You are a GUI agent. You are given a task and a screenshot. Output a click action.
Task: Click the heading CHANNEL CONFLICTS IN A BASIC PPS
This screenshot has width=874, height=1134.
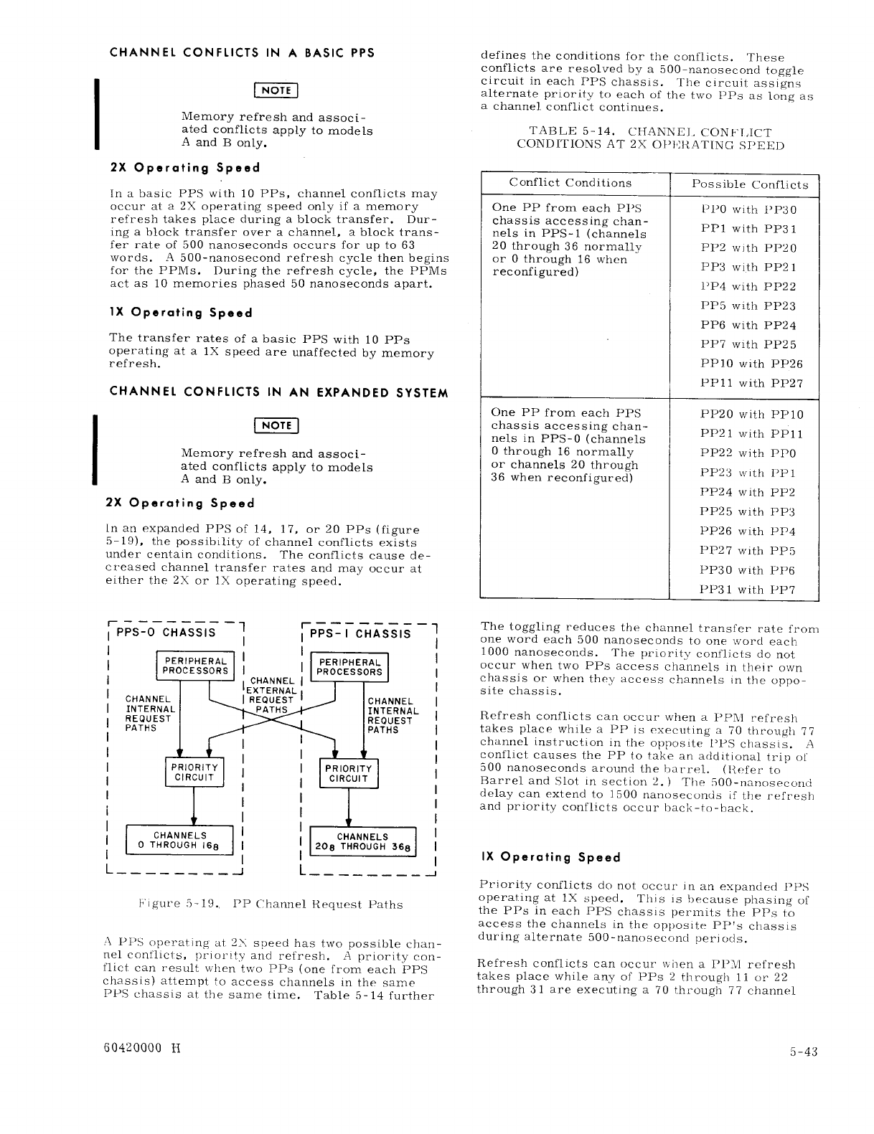[242, 53]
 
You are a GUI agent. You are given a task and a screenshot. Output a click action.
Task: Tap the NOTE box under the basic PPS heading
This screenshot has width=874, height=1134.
[276, 90]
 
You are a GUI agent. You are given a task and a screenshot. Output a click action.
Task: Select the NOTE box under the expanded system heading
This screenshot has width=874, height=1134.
[276, 425]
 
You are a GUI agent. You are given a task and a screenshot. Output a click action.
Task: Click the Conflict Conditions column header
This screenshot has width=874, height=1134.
[570, 183]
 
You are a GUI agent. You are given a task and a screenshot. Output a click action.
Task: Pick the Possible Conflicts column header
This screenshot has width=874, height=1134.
[749, 184]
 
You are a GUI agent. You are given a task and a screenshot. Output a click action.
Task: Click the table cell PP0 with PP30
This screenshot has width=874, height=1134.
[748, 209]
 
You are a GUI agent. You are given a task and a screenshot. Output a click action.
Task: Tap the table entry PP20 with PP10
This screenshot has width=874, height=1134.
[751, 415]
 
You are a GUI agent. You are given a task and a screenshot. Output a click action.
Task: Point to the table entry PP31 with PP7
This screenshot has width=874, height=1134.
[748, 590]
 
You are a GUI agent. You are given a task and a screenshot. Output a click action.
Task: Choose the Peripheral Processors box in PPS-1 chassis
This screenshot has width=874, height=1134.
[350, 667]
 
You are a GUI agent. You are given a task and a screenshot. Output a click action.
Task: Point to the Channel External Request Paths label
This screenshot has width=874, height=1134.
[271, 695]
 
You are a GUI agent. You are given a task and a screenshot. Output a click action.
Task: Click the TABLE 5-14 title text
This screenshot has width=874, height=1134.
[649, 138]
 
